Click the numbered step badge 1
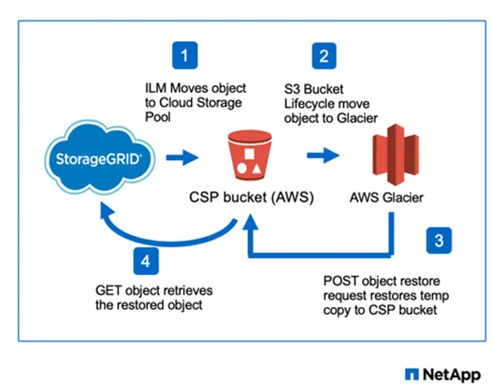[185, 55]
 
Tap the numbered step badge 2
[325, 56]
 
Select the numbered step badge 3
[439, 240]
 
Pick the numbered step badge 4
[146, 261]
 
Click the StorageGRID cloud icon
[99, 158]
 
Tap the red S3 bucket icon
[250, 155]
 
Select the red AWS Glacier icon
[396, 154]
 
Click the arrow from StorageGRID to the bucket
[182, 157]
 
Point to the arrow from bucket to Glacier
[323, 155]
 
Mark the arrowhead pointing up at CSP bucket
[250, 222]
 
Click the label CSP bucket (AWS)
[252, 197]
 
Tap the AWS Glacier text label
[386, 197]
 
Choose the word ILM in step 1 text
[155, 88]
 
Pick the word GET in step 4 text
[109, 291]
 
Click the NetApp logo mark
[412, 374]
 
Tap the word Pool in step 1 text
[158, 117]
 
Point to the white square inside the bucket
[250, 153]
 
